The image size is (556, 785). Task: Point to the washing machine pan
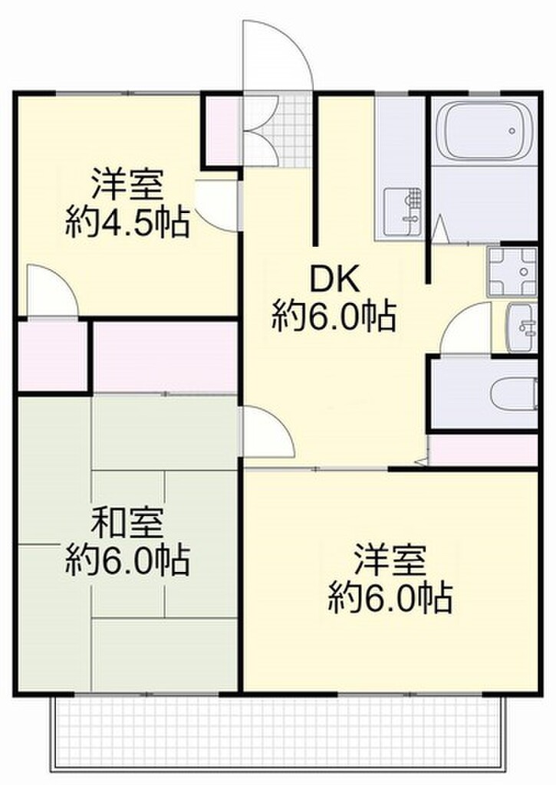point(512,271)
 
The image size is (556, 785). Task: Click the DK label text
point(334,281)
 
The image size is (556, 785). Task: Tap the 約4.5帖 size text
point(127,223)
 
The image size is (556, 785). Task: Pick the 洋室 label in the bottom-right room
point(390,560)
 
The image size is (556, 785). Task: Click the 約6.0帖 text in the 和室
point(127,562)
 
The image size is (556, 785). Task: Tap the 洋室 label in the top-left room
point(127,187)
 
